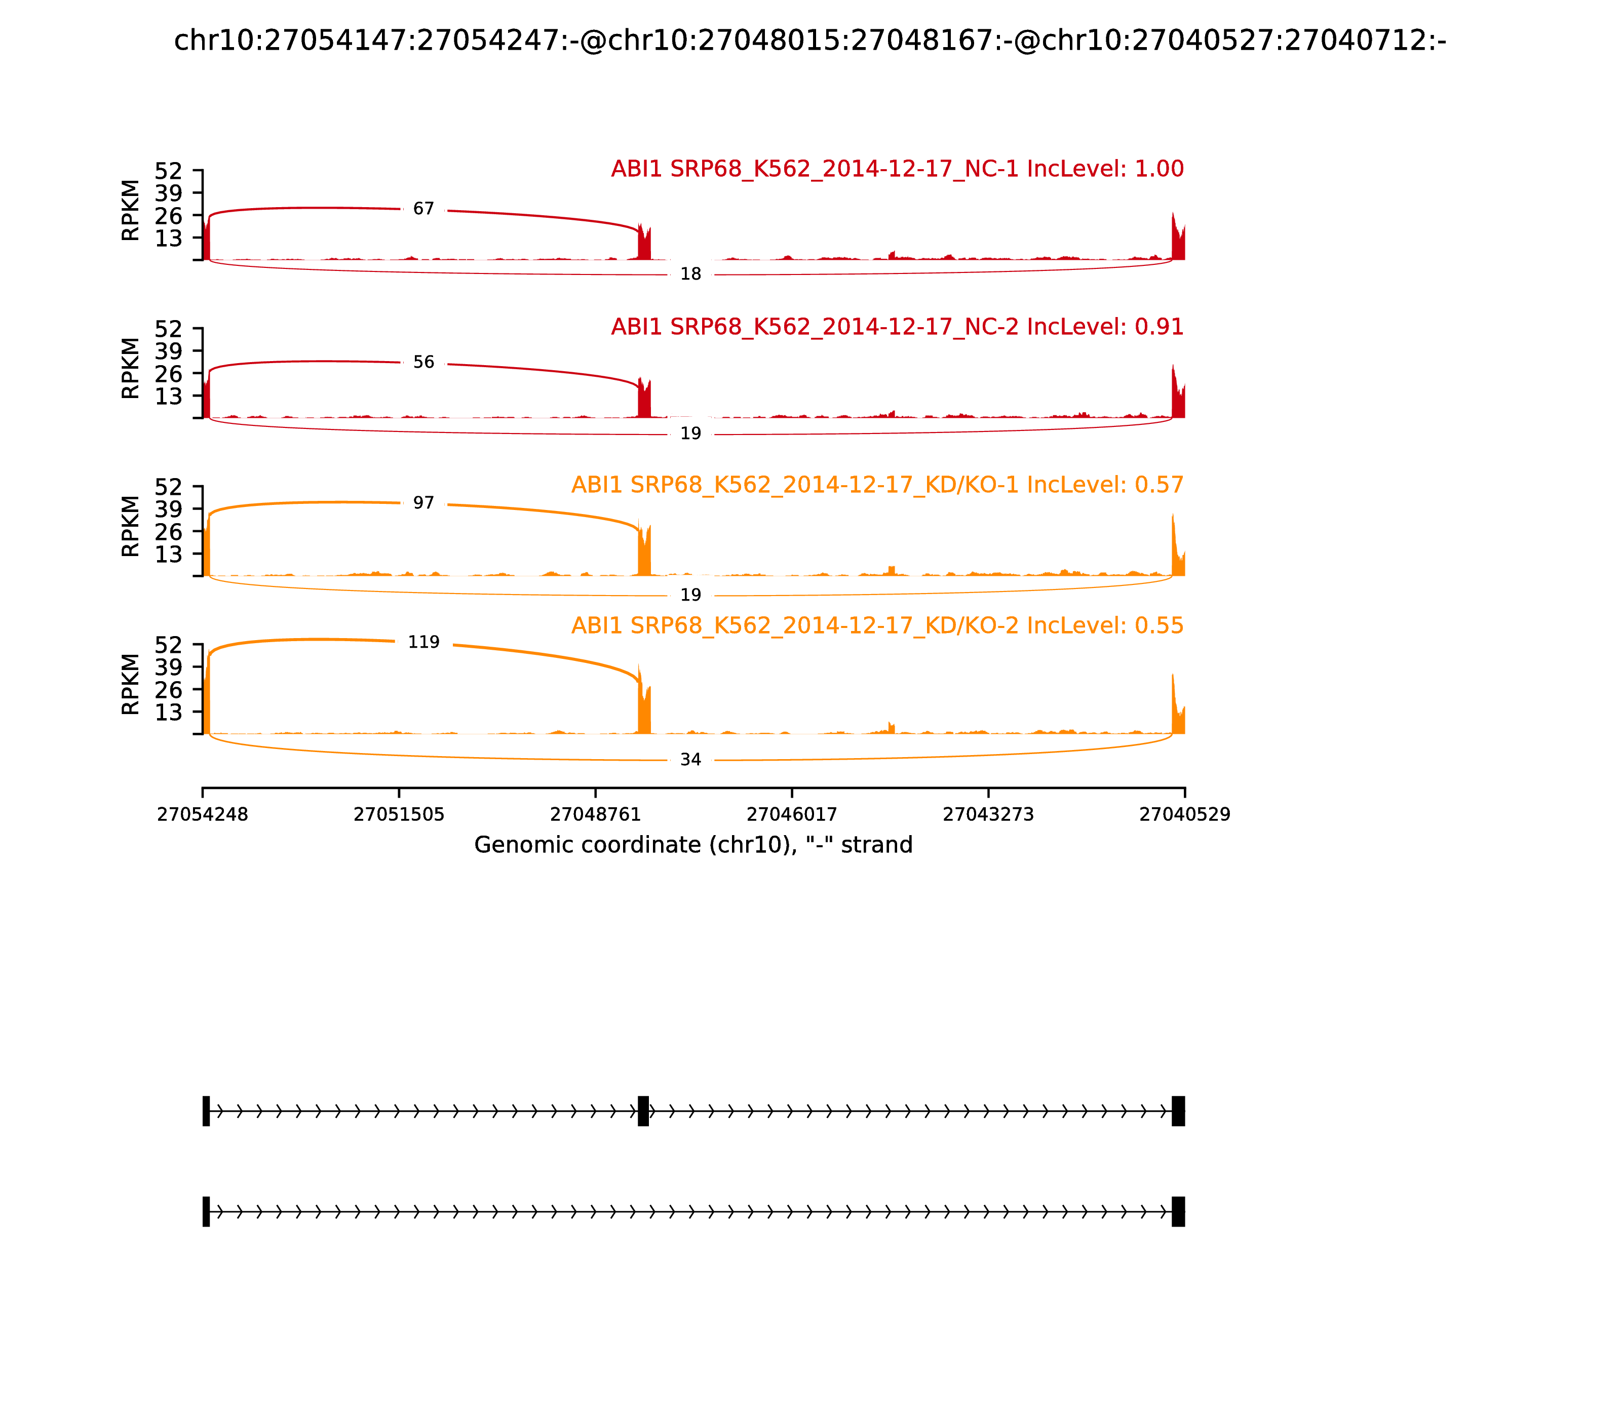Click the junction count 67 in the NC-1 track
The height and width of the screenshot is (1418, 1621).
(x=423, y=209)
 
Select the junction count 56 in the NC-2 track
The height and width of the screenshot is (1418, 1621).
(x=423, y=363)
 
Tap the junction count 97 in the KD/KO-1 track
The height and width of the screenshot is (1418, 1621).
(x=423, y=503)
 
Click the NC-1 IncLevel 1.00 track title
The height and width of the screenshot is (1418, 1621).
(x=897, y=169)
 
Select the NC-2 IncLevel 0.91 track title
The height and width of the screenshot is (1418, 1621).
(x=897, y=327)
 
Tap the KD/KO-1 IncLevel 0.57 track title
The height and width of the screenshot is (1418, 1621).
(x=877, y=485)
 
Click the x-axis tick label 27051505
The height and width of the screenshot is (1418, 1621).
(x=399, y=815)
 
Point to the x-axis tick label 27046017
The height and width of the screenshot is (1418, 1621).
(x=791, y=815)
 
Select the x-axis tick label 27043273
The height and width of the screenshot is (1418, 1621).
(x=988, y=815)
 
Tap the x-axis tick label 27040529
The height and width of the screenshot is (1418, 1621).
(x=1184, y=815)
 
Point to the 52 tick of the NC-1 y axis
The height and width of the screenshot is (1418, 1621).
(x=168, y=171)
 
